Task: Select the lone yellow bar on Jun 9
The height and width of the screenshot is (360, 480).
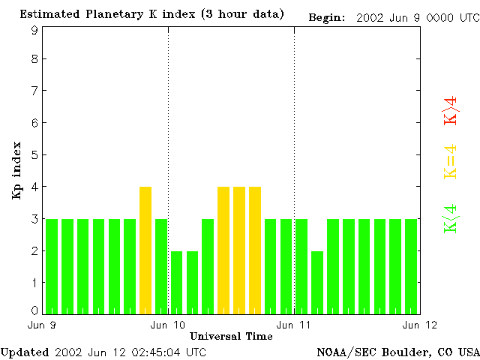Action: (145, 249)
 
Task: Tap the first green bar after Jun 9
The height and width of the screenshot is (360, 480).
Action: (52, 265)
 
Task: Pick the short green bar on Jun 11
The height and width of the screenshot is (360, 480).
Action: (317, 281)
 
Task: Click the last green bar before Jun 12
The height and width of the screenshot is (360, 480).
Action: (411, 265)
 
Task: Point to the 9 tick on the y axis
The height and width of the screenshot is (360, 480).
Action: (34, 30)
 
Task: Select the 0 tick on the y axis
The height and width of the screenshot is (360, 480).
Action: (34, 310)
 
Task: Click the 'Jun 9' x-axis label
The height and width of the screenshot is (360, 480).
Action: (41, 325)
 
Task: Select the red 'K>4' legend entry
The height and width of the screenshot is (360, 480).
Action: (451, 110)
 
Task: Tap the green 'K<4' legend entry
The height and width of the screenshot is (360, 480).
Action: (451, 218)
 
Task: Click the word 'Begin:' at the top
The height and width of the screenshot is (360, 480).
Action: (327, 17)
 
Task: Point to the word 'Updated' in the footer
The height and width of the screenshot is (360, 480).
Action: (25, 352)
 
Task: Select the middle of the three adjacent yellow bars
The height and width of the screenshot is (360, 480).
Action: (239, 249)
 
